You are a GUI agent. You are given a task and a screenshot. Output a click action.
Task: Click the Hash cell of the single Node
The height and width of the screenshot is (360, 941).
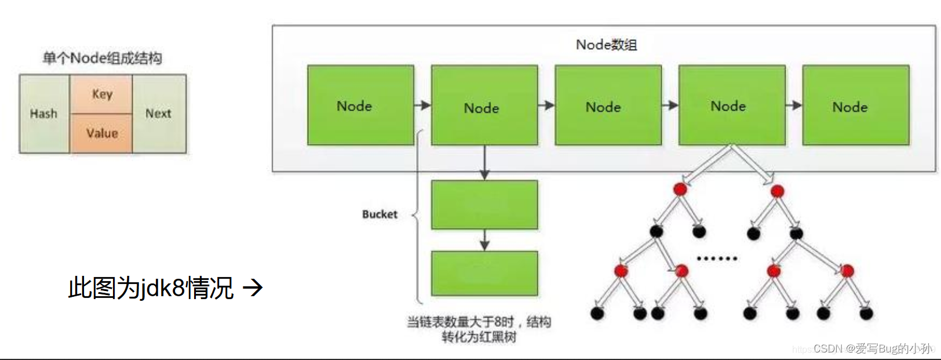(x=44, y=114)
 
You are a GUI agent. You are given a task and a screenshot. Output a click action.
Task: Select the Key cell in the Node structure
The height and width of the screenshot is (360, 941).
(x=102, y=94)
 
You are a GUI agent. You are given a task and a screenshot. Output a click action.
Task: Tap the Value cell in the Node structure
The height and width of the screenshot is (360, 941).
(x=102, y=133)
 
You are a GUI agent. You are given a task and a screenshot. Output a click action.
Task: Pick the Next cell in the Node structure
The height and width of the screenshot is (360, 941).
(x=159, y=114)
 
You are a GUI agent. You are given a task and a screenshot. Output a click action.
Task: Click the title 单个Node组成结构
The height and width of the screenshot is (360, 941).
(x=103, y=58)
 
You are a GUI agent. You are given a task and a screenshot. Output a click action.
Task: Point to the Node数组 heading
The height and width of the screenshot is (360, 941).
(x=606, y=45)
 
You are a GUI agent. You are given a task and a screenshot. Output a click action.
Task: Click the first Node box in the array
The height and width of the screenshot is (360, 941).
(x=360, y=105)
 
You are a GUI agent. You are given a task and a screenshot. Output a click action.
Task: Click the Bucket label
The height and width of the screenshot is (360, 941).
(x=380, y=214)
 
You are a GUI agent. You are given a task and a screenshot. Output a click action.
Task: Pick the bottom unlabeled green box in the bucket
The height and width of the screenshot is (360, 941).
(x=484, y=274)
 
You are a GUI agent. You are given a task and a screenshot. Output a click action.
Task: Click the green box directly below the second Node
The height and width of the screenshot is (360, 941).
(x=484, y=205)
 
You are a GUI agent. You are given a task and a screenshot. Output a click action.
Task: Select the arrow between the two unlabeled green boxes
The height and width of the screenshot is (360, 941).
(x=484, y=240)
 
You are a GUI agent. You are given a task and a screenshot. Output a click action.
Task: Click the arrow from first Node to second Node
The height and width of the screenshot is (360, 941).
(x=422, y=106)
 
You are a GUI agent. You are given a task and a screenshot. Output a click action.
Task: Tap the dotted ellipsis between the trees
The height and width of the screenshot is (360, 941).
(x=717, y=259)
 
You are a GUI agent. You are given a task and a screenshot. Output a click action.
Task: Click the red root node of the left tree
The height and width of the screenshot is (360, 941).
(x=680, y=189)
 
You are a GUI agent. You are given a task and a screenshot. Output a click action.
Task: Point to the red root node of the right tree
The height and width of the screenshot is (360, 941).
(x=778, y=191)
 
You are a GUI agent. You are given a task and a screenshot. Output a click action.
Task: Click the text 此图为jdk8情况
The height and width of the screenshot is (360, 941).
(x=151, y=288)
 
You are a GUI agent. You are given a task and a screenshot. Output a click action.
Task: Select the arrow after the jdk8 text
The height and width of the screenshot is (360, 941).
(x=253, y=287)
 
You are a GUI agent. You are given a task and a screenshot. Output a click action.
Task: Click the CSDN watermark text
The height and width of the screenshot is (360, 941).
(x=872, y=348)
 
